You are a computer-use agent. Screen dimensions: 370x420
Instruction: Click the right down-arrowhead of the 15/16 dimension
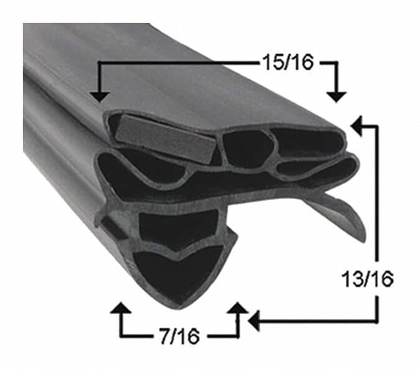337,95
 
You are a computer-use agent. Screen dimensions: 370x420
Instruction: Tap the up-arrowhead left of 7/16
120,309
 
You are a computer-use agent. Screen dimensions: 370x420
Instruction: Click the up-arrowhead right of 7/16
238,309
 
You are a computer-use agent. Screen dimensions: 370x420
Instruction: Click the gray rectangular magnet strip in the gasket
165,137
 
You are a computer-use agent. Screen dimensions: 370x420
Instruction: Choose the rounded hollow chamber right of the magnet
247,149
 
